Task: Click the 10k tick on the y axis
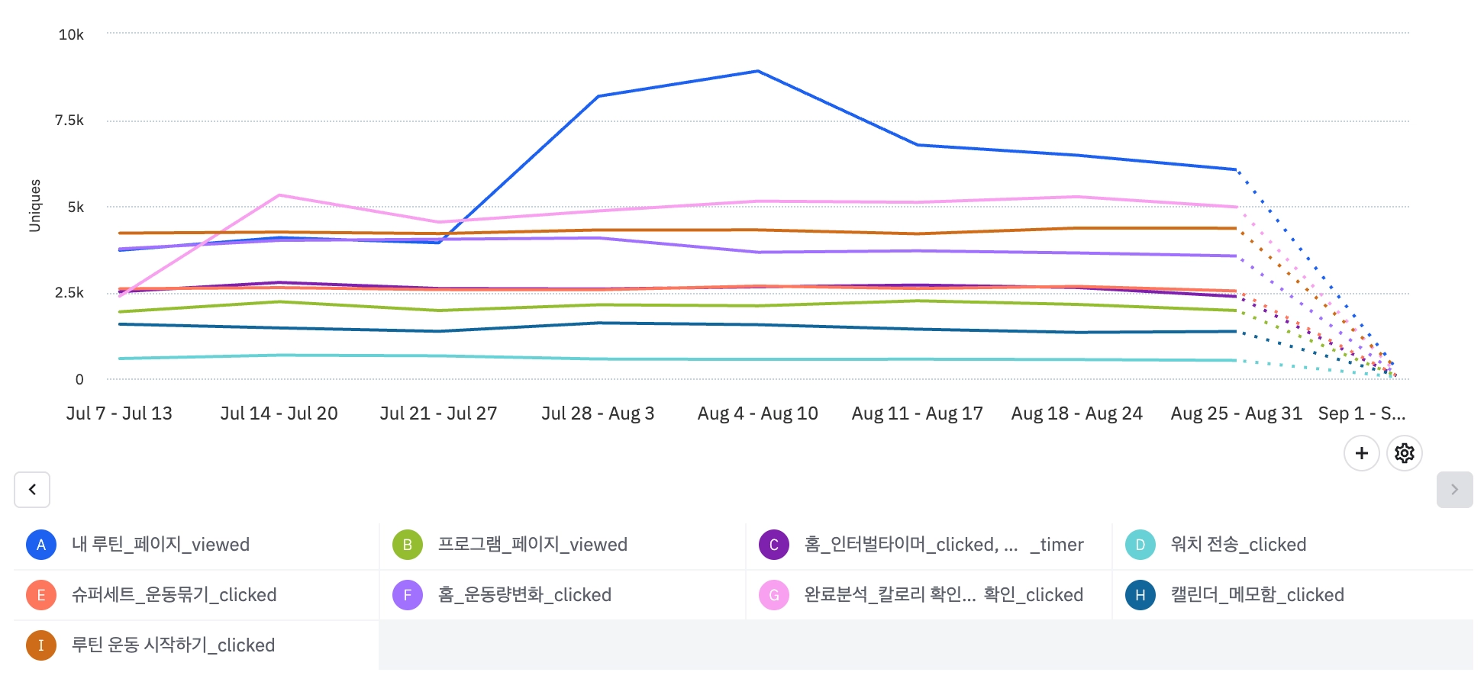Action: click(71, 34)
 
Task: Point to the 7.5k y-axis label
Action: click(69, 120)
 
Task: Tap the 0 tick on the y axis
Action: click(79, 379)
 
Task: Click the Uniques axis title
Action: click(35, 206)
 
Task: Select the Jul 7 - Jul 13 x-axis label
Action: click(119, 413)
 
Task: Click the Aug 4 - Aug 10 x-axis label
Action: click(757, 413)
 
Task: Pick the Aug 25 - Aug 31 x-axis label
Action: click(1236, 413)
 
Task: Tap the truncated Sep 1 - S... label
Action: click(1361, 413)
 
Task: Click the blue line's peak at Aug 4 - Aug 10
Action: click(757, 72)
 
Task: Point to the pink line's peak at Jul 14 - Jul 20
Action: click(279, 195)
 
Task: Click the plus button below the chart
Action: click(1361, 453)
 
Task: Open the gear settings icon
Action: click(1404, 453)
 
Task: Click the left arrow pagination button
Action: click(32, 490)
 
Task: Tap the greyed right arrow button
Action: click(1454, 490)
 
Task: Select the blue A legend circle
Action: click(41, 545)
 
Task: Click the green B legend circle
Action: click(408, 545)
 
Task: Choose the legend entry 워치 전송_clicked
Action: click(1238, 545)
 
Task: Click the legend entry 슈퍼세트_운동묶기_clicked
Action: click(174, 595)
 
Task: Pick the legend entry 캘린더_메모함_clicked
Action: click(1257, 595)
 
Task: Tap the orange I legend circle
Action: click(41, 645)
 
